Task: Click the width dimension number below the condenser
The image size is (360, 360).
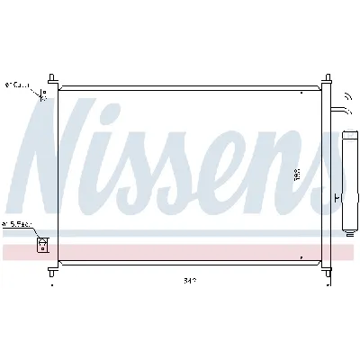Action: pos(189,279)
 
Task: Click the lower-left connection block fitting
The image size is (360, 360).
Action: pos(41,242)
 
